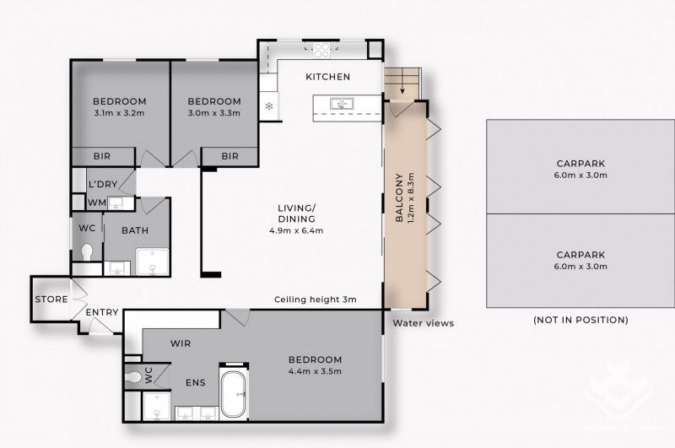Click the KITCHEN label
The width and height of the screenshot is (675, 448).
click(x=327, y=77)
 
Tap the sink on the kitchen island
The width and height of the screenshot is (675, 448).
click(x=341, y=105)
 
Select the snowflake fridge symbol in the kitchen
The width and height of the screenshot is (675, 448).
click(x=269, y=106)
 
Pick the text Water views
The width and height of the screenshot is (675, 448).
click(x=423, y=323)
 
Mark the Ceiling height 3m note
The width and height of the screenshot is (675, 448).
click(x=316, y=300)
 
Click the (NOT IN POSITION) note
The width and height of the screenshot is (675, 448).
click(x=580, y=321)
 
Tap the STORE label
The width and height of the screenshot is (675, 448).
click(x=51, y=300)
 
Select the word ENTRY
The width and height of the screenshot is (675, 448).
click(x=102, y=313)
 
